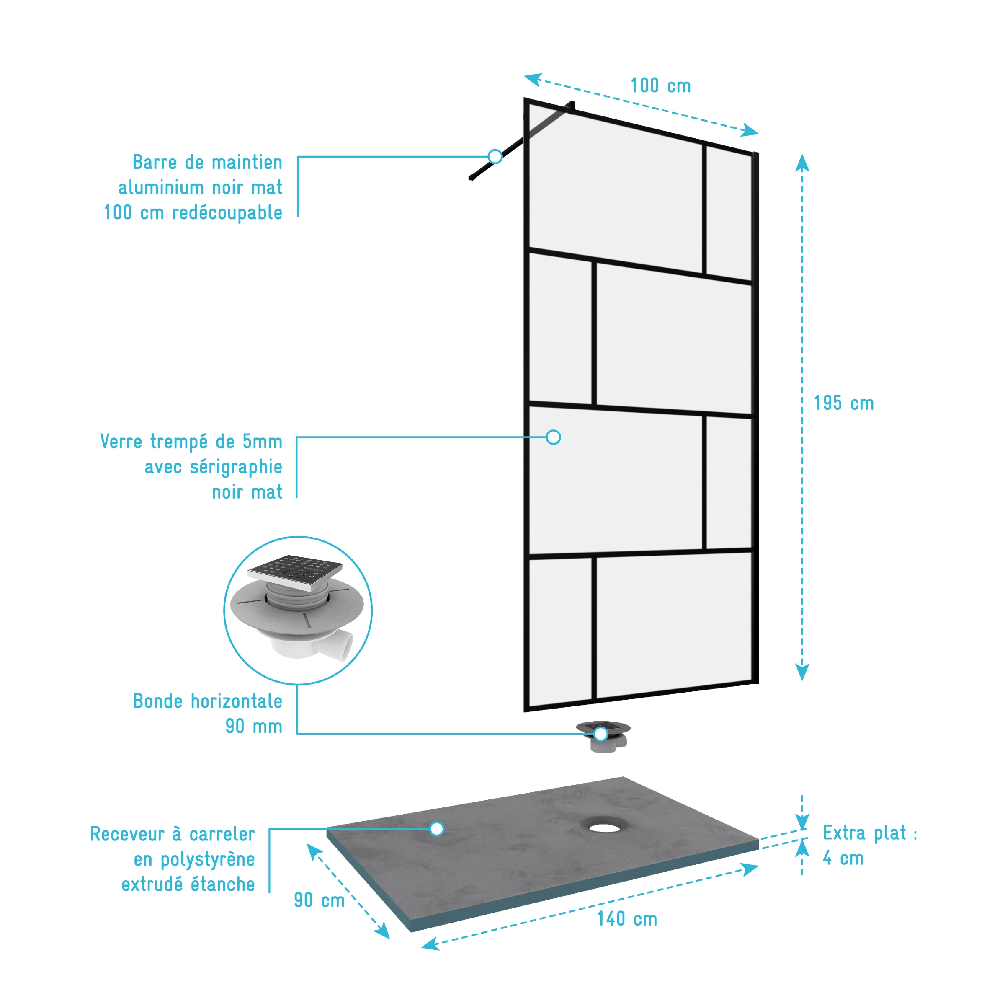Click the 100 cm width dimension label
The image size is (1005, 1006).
[x=660, y=86]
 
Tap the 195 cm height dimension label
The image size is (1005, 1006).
[x=844, y=403]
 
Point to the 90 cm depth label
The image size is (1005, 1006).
[x=319, y=900]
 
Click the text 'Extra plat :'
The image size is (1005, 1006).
[x=870, y=833]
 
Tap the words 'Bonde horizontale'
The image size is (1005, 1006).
[x=208, y=701]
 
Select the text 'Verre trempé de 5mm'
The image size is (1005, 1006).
[x=191, y=442]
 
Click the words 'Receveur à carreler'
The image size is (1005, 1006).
[x=172, y=834]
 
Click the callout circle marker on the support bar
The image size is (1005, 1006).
[x=495, y=156]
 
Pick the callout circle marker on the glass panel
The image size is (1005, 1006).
[x=553, y=437]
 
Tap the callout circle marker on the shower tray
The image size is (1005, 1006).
[x=437, y=828]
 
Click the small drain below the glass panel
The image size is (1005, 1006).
[x=603, y=736]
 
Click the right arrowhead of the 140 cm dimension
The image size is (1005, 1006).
[x=750, y=869]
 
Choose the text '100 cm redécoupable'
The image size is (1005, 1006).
[x=193, y=212]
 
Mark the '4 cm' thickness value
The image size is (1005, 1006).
[x=843, y=858]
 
